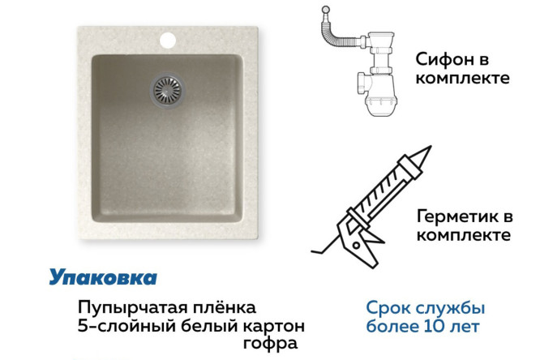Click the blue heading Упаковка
(x=103, y=277)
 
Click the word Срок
(x=386, y=309)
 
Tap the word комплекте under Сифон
(x=462, y=79)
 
